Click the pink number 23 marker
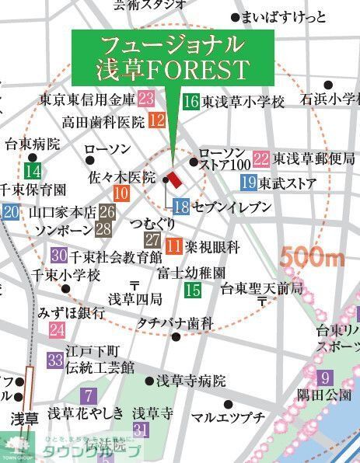click(x=146, y=99)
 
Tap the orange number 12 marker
click(x=156, y=120)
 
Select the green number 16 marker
click(x=191, y=100)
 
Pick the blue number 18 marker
click(x=181, y=207)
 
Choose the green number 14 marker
click(x=33, y=172)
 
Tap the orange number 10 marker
click(x=121, y=194)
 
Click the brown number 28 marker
click(x=103, y=229)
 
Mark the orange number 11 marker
click(x=174, y=246)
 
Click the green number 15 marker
click(x=193, y=291)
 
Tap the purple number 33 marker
click(x=54, y=360)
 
